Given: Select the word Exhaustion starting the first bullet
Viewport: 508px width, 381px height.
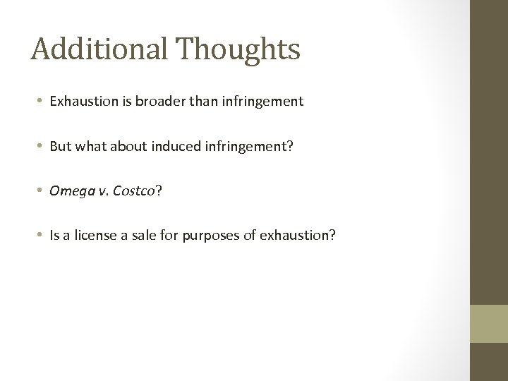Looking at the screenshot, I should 80,102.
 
